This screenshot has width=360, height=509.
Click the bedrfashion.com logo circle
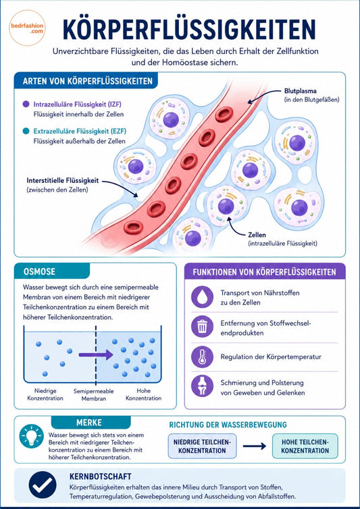pyautogui.click(x=27, y=28)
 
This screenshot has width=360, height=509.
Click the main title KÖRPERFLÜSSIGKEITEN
pyautogui.click(x=189, y=30)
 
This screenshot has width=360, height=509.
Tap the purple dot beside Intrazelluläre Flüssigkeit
pyautogui.click(x=26, y=104)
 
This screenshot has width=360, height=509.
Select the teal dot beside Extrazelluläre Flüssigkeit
pyautogui.click(x=26, y=131)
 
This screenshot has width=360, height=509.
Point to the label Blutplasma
pyautogui.click(x=300, y=91)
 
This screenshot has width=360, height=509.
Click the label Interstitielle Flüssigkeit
pyautogui.click(x=62, y=181)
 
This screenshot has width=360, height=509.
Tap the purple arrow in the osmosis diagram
pyautogui.click(x=95, y=354)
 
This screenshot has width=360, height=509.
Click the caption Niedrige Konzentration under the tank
pyautogui.click(x=45, y=394)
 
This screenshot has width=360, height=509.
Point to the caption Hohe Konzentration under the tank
pyautogui.click(x=144, y=394)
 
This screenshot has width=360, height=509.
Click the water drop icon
pyautogui.click(x=202, y=297)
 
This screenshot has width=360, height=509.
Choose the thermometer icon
pyautogui.click(x=202, y=356)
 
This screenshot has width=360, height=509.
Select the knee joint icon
pyautogui.click(x=202, y=386)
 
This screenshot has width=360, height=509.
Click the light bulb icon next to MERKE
pyautogui.click(x=32, y=436)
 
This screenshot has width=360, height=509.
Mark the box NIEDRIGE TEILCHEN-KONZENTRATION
pyautogui.click(x=202, y=446)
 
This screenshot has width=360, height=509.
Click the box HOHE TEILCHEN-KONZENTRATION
pyautogui.click(x=305, y=446)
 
